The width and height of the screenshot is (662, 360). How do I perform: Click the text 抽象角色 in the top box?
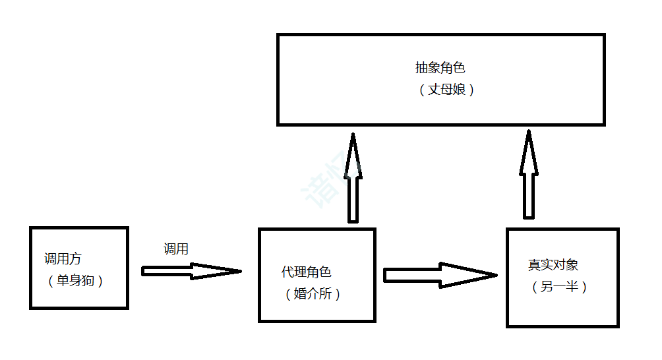(440, 68)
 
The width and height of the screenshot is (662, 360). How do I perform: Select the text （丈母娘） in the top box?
(446, 90)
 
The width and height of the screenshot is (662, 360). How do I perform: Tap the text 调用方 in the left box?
(63, 258)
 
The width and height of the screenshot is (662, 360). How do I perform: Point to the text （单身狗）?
(75, 281)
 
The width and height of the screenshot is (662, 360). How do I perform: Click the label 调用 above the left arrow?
(176, 249)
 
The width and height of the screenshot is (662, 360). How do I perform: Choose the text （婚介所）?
(313, 294)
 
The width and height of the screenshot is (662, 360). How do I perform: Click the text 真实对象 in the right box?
(553, 265)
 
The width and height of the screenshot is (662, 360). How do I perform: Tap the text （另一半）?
(558, 287)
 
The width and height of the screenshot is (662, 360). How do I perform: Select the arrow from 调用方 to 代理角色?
(191, 271)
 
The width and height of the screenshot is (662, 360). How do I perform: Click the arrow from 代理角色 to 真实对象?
(439, 275)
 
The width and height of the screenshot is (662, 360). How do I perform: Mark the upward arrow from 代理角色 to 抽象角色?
(353, 178)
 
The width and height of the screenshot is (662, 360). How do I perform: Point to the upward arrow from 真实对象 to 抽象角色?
(529, 175)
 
